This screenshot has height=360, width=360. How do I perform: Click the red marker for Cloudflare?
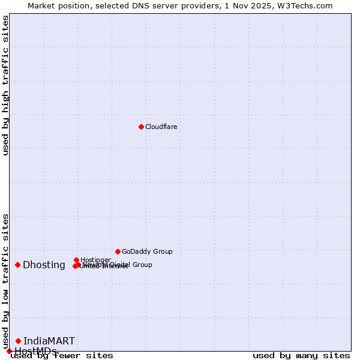pos(141,127)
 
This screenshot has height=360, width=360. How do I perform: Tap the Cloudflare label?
pos(161,127)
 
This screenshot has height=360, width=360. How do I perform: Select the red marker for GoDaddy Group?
pos(118,251)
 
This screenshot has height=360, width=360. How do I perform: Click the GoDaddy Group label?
pos(147,251)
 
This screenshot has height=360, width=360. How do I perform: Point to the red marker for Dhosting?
pos(18,265)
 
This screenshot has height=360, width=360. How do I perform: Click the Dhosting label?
pos(44,265)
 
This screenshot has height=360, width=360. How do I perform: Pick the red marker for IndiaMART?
pos(18,341)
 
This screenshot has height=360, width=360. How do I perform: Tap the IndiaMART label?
pos(49,341)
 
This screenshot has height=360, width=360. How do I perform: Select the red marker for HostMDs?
pos(9,351)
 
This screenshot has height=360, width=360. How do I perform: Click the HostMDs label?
pos(35,351)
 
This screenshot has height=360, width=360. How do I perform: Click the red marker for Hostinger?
pos(77,260)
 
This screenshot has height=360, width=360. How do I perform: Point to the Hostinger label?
pos(95,260)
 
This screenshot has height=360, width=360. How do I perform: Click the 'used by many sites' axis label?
pos(301,356)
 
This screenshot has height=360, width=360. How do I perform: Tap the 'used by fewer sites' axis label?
pos(62,356)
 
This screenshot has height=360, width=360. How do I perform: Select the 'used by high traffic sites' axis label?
pos(5,86)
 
